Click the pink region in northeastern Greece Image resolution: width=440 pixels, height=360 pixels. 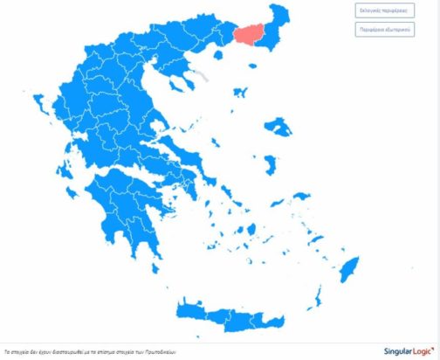[251, 36]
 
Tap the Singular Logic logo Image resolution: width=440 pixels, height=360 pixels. [405, 350]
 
